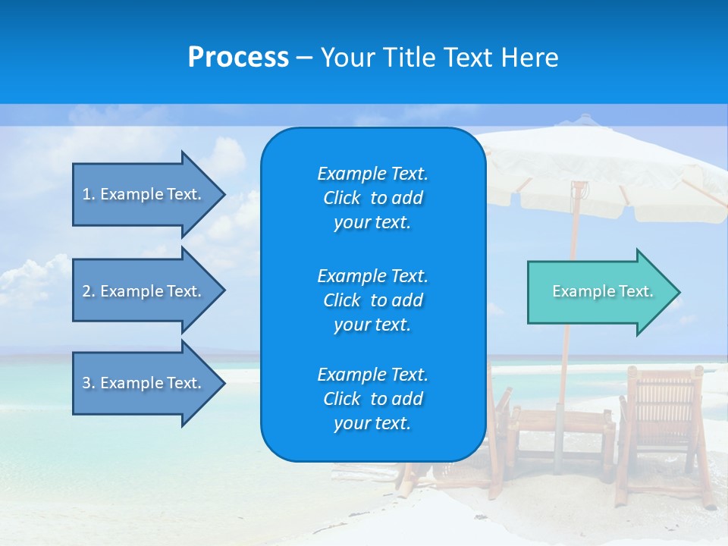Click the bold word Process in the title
click(238, 58)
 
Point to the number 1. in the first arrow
click(89, 194)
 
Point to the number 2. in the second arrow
click(89, 291)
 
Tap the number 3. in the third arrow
click(89, 383)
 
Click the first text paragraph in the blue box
click(372, 198)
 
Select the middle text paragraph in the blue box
click(372, 300)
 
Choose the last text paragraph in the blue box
click(372, 399)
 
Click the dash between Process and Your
click(304, 58)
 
